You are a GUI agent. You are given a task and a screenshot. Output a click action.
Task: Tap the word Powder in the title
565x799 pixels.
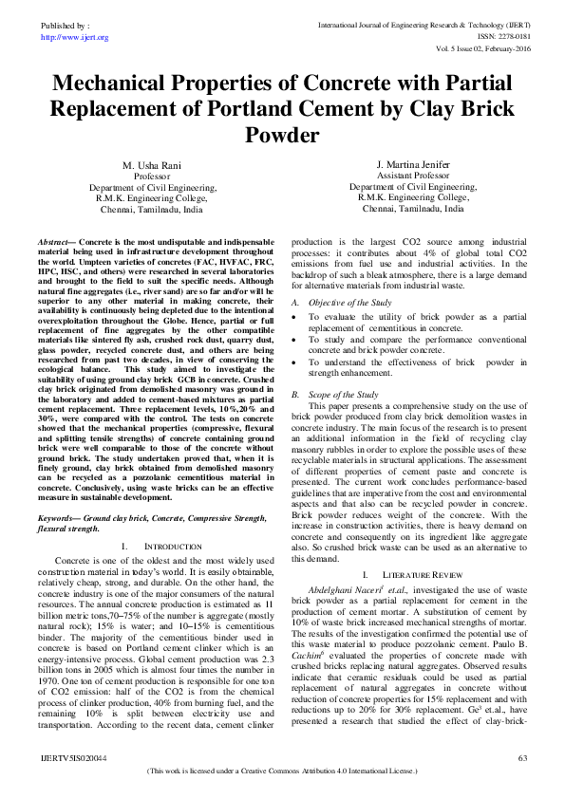tap(282, 136)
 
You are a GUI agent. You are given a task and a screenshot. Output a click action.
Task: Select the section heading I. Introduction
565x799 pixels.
tap(161, 547)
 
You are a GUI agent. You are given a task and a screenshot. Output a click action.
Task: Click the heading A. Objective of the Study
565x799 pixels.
tap(332, 301)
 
